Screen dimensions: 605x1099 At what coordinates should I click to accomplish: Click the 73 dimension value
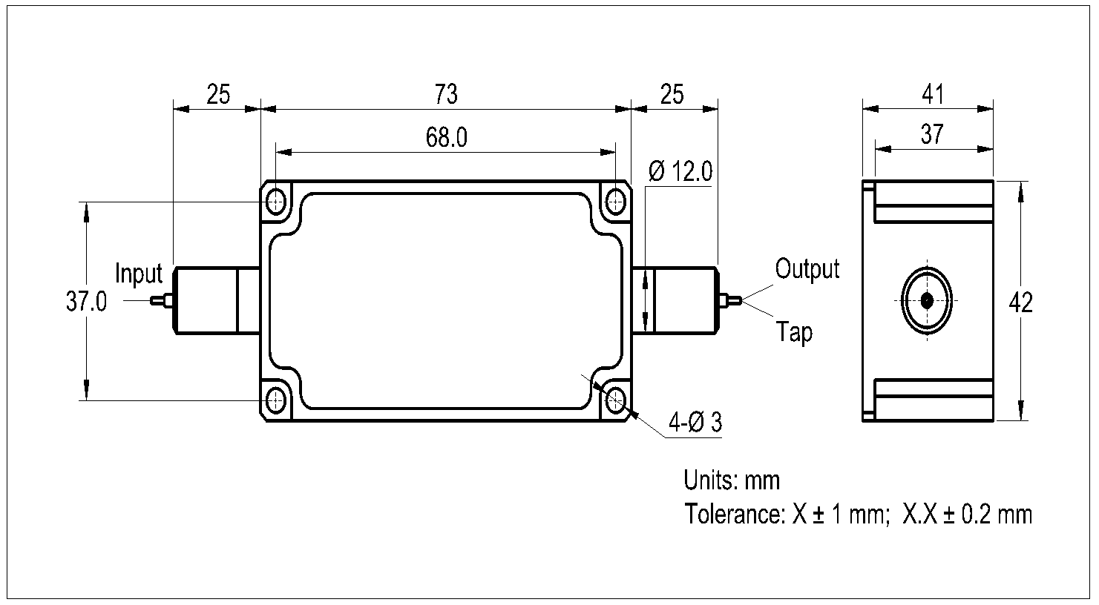(446, 95)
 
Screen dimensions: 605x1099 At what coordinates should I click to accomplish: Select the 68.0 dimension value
(446, 138)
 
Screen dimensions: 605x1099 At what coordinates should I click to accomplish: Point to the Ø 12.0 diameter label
(680, 172)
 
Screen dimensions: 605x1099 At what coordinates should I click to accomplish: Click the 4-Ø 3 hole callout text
(695, 423)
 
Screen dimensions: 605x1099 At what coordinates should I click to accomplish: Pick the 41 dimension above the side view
(932, 95)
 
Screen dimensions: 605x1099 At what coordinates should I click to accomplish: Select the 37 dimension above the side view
(932, 134)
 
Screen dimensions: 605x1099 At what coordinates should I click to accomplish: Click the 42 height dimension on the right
(1022, 302)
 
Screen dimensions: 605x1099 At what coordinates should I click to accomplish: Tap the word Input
(139, 274)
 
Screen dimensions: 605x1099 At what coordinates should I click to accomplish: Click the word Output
(807, 268)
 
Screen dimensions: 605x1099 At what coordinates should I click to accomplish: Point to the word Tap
(794, 332)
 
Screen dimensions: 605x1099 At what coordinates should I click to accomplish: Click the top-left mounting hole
(278, 200)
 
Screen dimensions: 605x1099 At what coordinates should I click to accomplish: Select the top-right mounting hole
(615, 200)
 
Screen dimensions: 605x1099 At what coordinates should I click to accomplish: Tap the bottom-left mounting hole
(278, 401)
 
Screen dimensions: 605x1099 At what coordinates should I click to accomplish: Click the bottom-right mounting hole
(615, 401)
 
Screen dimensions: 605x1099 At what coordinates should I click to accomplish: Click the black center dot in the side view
(927, 301)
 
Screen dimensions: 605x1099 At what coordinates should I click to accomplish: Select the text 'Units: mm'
(732, 480)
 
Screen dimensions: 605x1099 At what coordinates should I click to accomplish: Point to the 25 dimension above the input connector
(218, 95)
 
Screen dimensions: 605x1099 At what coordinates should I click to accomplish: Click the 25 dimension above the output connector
(672, 95)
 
